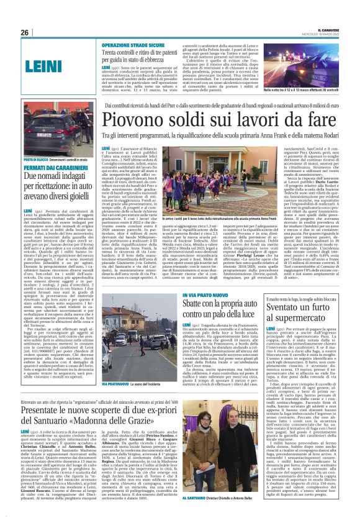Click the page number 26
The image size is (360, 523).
pos(25,32)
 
